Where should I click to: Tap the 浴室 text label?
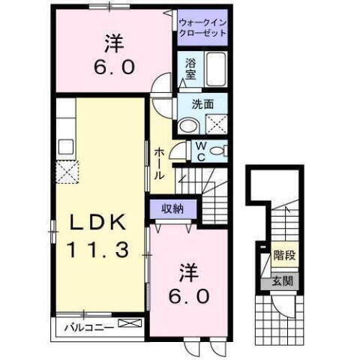[x=190, y=70]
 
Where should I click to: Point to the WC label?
[x=201, y=151]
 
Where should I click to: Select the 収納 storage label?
[x=173, y=208]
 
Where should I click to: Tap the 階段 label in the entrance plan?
[x=284, y=255]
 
